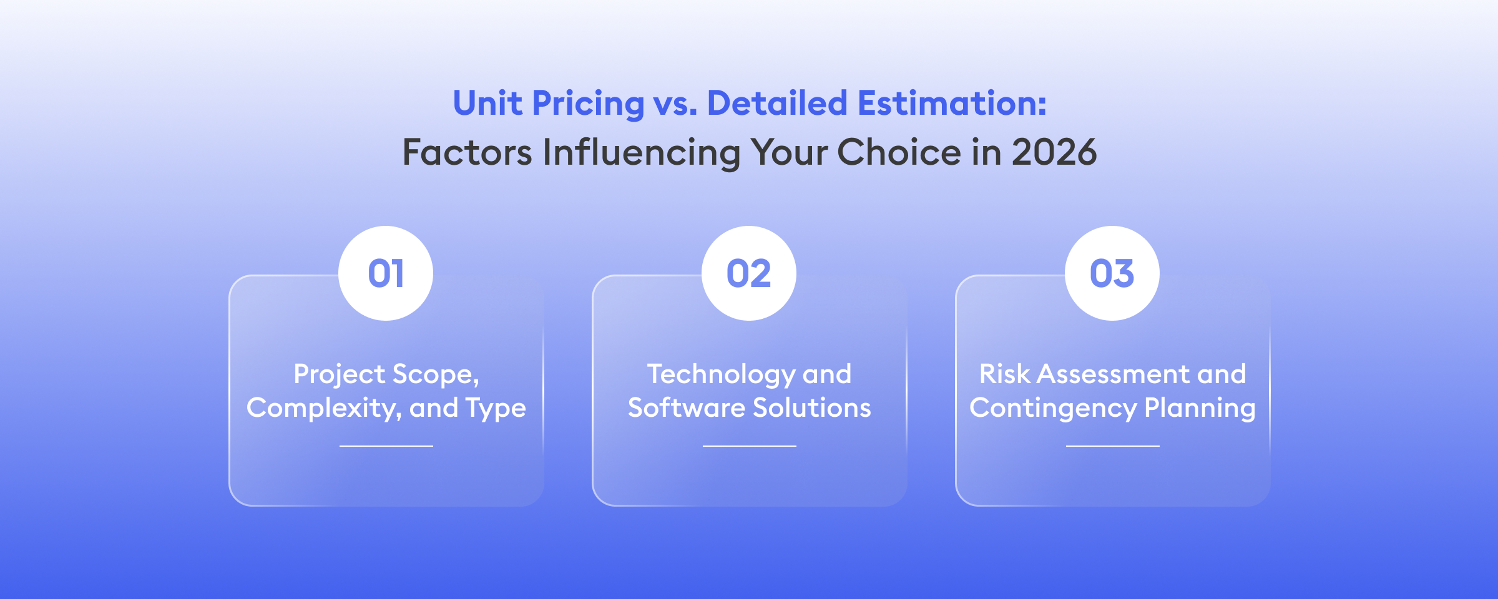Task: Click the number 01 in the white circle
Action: pyautogui.click(x=386, y=273)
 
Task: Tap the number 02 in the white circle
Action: pyautogui.click(x=749, y=273)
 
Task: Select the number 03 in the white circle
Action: pyautogui.click(x=1112, y=273)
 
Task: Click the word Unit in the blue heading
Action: pyautogui.click(x=487, y=103)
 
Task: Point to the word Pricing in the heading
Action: pyautogui.click(x=588, y=104)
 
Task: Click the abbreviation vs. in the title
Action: pyautogui.click(x=675, y=104)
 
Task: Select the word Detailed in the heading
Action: pyautogui.click(x=776, y=103)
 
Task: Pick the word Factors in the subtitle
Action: pyautogui.click(x=467, y=152)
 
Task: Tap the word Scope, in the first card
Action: pyautogui.click(x=436, y=374)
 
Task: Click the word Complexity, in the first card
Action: pyautogui.click(x=324, y=408)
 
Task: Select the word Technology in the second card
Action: pyautogui.click(x=720, y=374)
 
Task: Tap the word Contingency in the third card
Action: pyautogui.click(x=1052, y=408)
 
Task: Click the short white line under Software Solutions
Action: pyautogui.click(x=749, y=446)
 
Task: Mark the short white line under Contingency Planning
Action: pyautogui.click(x=1112, y=446)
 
